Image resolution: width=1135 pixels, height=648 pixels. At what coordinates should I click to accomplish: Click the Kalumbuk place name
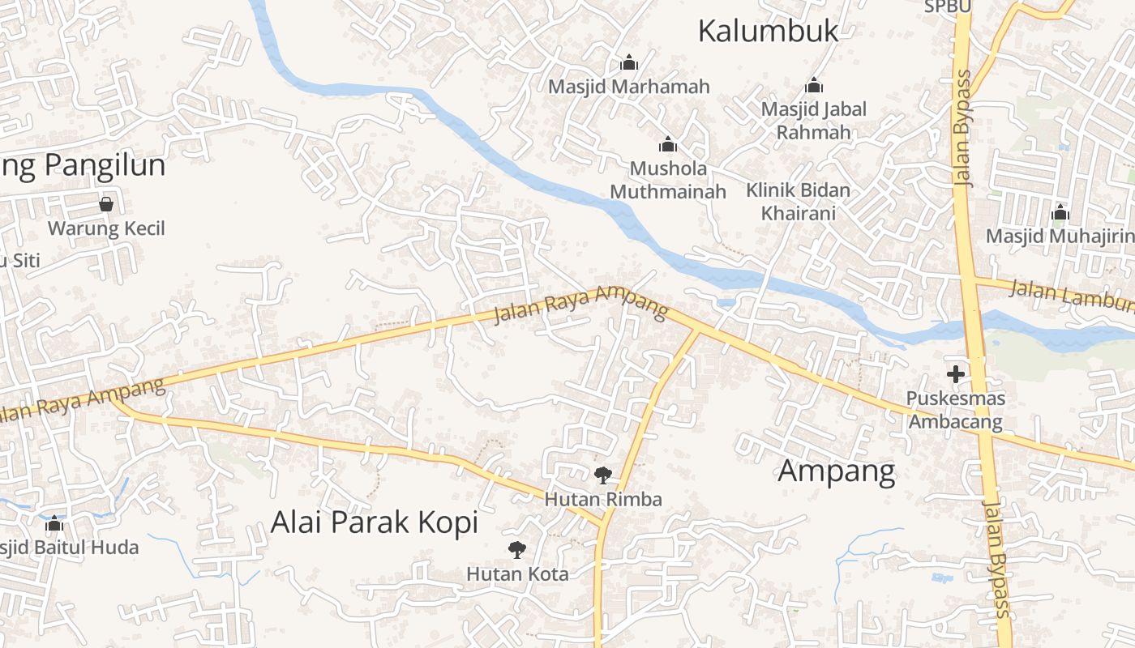768,32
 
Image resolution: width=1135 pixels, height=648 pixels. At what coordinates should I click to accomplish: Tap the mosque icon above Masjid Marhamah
629,62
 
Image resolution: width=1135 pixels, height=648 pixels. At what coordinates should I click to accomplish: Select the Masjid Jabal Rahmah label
813,120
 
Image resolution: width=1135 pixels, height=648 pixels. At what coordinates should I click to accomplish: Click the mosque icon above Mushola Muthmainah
668,145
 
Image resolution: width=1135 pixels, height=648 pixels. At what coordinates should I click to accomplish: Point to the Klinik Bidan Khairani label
799,202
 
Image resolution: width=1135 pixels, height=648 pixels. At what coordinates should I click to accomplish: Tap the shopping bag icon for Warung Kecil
106,204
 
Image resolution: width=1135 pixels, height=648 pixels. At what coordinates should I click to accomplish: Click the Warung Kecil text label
106,228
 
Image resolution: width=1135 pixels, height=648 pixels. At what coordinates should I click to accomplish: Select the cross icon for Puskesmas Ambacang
956,374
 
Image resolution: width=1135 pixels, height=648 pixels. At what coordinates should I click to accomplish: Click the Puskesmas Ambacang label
956,410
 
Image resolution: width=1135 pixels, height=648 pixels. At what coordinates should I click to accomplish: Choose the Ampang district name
837,471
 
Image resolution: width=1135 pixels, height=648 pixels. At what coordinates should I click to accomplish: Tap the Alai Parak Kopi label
375,522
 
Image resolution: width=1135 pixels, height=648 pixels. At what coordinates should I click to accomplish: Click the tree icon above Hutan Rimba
602,475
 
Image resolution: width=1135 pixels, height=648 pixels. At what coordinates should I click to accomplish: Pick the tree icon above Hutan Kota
517,550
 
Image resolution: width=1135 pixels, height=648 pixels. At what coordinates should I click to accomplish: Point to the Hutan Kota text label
517,573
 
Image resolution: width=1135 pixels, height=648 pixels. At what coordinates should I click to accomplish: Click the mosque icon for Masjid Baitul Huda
54,523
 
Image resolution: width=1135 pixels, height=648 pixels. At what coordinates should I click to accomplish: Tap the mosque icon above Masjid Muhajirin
1060,213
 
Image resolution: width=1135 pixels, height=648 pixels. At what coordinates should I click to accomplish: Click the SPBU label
948,6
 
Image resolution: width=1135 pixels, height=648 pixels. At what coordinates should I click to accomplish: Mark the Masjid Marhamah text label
629,86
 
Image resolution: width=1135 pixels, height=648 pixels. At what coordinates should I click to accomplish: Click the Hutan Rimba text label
602,499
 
